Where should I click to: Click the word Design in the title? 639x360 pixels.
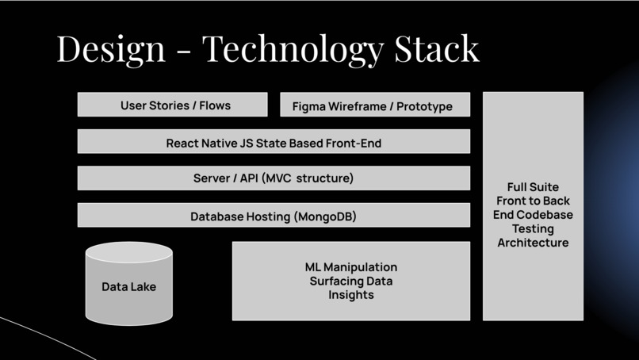pyautogui.click(x=111, y=50)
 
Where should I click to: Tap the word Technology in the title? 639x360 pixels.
pyautogui.click(x=293, y=50)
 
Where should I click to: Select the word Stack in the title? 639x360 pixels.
pyautogui.click(x=437, y=48)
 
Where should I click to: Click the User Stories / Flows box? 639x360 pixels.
pyautogui.click(x=172, y=105)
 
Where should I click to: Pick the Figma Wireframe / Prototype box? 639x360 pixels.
pyautogui.click(x=375, y=105)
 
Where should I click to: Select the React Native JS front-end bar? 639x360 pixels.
pyautogui.click(x=274, y=141)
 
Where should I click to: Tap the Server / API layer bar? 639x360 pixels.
pyautogui.click(x=274, y=178)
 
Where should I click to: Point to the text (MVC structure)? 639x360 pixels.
pyautogui.click(x=308, y=178)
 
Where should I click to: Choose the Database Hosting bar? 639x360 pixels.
pyautogui.click(x=274, y=215)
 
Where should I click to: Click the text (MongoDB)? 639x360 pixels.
pyautogui.click(x=325, y=216)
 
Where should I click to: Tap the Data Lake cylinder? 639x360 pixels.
pyautogui.click(x=128, y=284)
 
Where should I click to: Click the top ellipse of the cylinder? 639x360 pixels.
pyautogui.click(x=128, y=252)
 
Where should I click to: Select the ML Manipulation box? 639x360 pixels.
pyautogui.click(x=351, y=281)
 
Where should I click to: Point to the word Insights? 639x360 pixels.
pyautogui.click(x=351, y=295)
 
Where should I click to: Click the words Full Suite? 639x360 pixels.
pyautogui.click(x=533, y=187)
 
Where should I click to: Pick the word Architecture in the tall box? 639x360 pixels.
pyautogui.click(x=533, y=243)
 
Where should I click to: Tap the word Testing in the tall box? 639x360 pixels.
pyautogui.click(x=533, y=229)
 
